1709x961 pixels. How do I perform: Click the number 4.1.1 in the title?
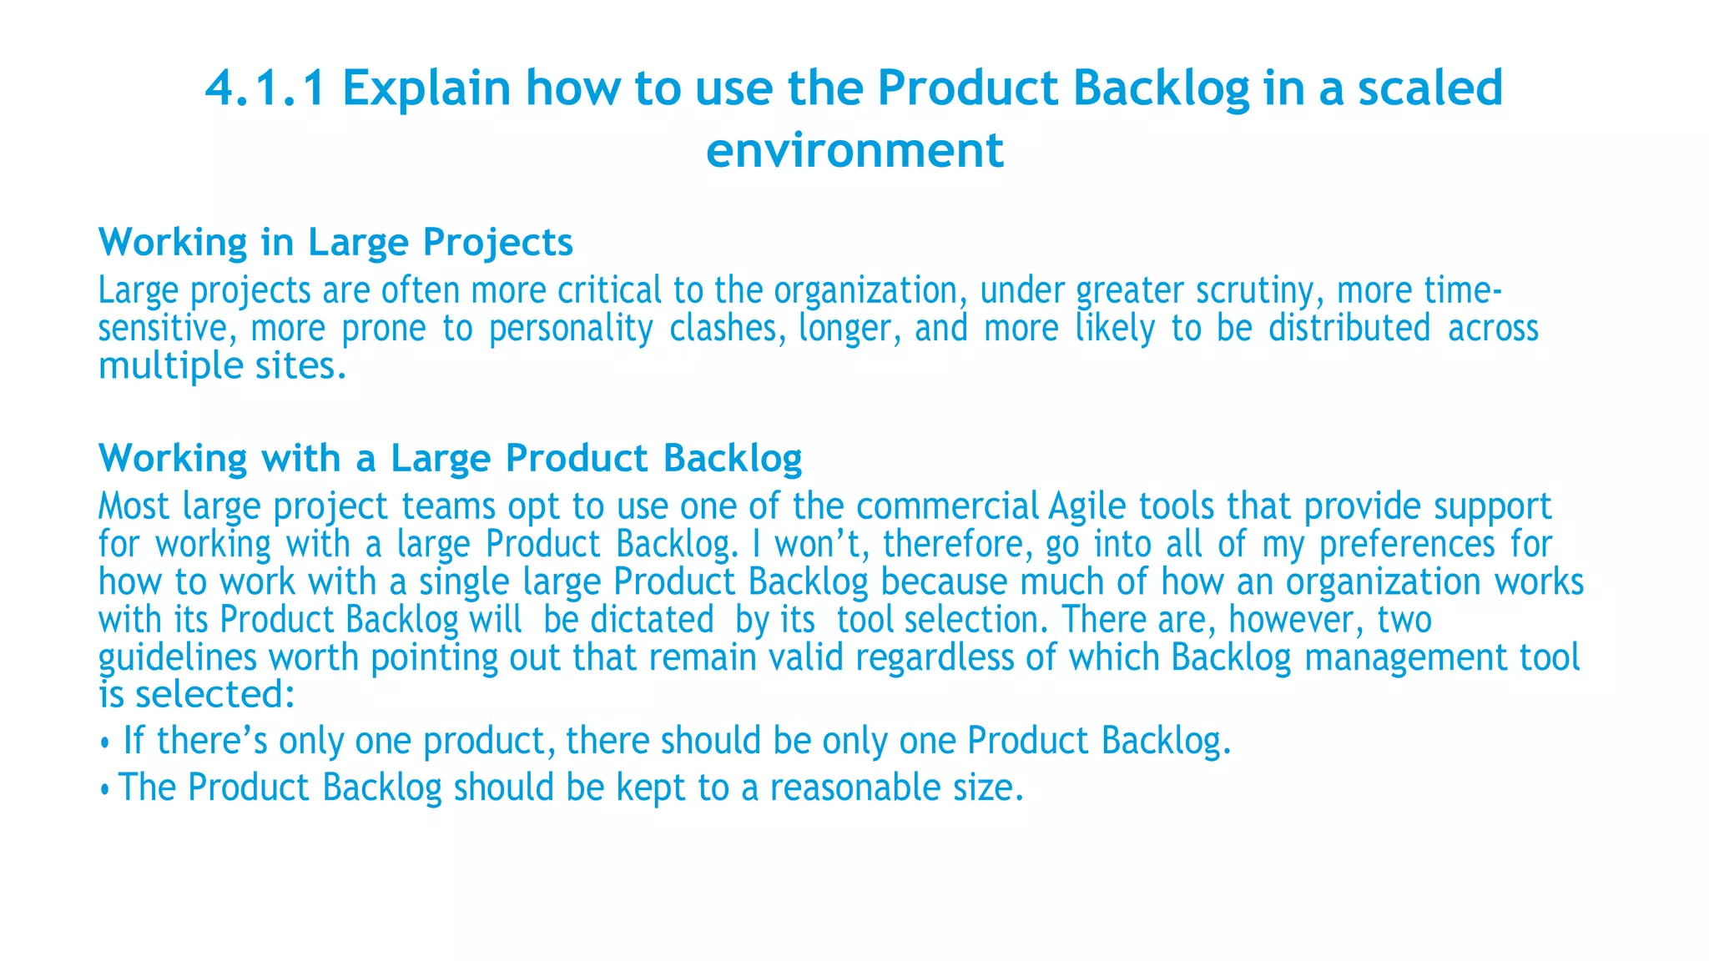(265, 88)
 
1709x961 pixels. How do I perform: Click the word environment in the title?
(854, 150)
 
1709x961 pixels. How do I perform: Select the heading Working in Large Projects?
(335, 243)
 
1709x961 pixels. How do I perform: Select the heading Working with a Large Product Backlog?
(450, 459)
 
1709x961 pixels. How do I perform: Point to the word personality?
(571, 329)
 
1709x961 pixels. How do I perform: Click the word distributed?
(1349, 329)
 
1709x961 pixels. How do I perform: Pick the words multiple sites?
(222, 366)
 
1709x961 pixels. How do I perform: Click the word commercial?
(947, 506)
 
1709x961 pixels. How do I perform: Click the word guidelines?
(178, 658)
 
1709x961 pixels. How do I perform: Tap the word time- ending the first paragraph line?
(1463, 290)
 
